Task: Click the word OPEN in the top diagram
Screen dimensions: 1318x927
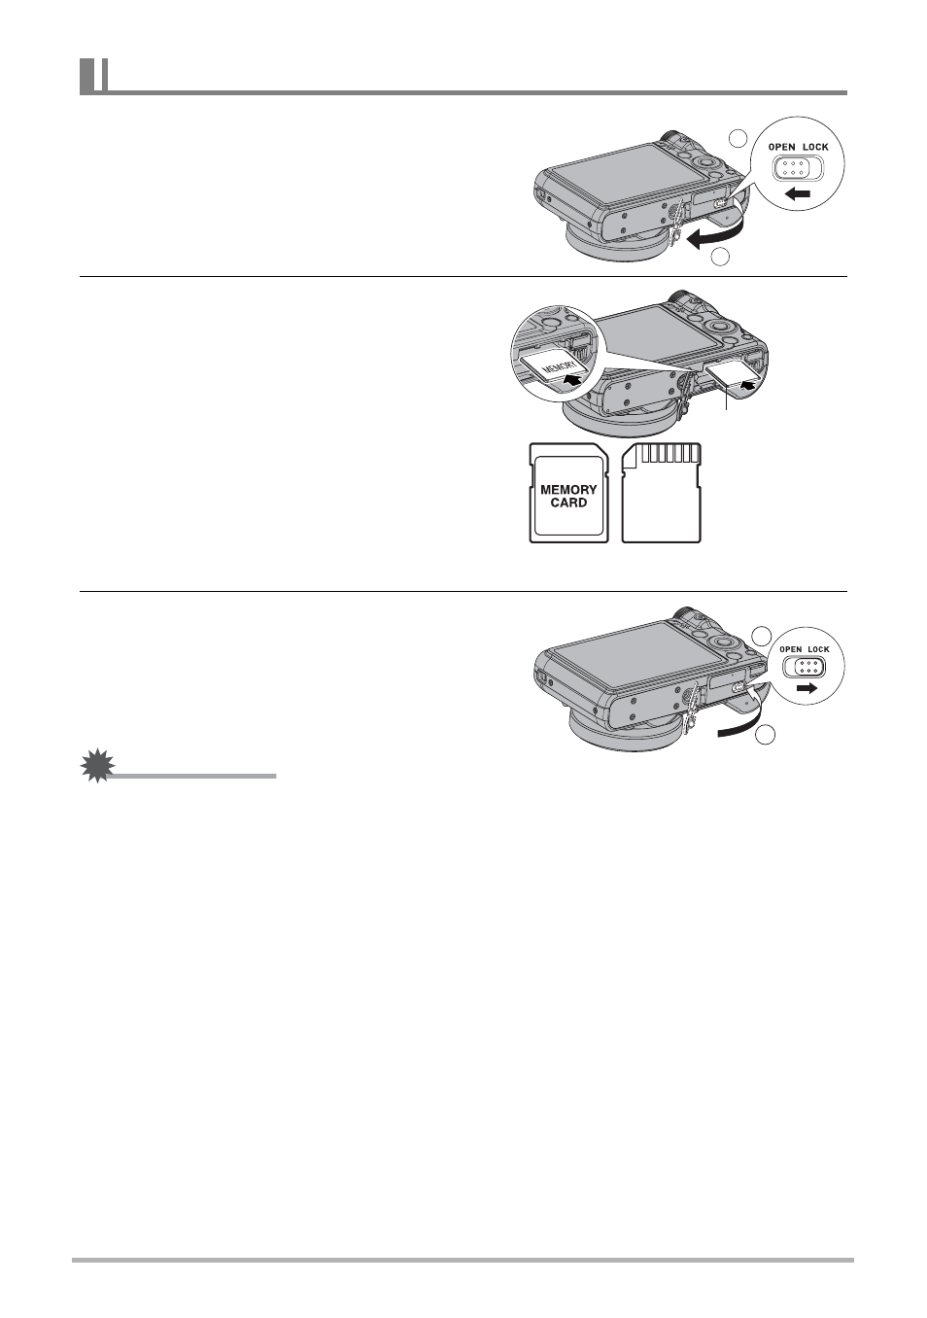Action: (781, 148)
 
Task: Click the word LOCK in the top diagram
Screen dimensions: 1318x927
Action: (815, 148)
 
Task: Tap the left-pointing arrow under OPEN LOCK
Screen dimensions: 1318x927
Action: (797, 195)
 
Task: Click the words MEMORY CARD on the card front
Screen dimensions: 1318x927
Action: (568, 496)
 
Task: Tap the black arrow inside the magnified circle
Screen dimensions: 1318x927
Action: (574, 381)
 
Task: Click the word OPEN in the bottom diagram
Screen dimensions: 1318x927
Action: (791, 649)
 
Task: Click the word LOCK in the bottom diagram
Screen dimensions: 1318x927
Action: (818, 649)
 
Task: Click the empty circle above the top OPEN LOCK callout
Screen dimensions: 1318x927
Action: (738, 138)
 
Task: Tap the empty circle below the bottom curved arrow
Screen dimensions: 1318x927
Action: (767, 736)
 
